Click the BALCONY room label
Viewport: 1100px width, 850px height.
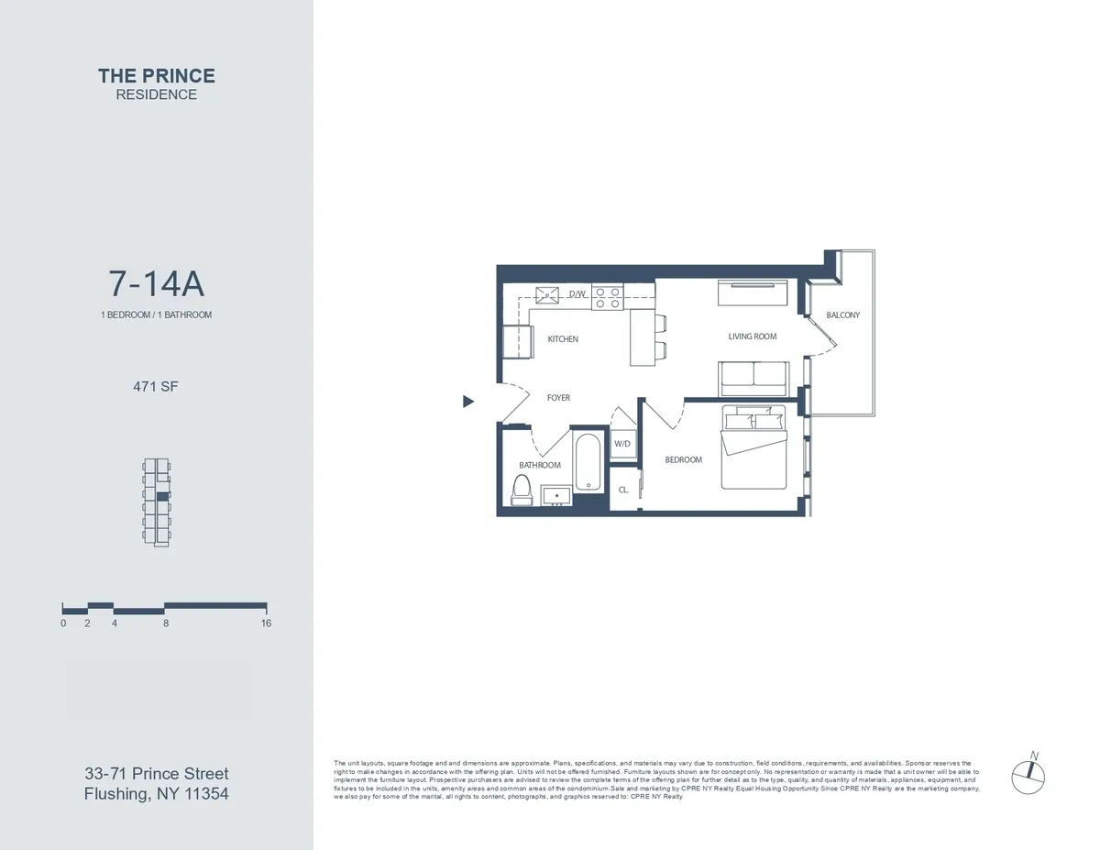[x=842, y=315]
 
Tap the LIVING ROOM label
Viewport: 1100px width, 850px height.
[x=753, y=337]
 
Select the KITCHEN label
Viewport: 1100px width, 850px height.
[x=563, y=339]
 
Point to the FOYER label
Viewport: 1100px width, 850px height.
[x=558, y=398]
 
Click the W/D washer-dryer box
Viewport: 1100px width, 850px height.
[x=622, y=443]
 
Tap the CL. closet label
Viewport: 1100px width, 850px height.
[x=623, y=490]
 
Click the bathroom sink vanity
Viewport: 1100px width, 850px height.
[x=557, y=495]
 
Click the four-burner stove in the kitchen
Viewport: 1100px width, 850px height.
[x=607, y=297]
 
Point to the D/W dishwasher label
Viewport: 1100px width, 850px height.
[x=577, y=294]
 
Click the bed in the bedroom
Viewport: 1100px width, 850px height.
[x=753, y=447]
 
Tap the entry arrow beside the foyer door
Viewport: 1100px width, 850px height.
[x=468, y=401]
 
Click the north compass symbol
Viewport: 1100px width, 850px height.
[x=1028, y=776]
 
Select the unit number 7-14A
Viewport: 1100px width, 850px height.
[x=156, y=284]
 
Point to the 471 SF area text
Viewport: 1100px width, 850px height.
[x=156, y=387]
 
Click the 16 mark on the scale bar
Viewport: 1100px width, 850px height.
[x=266, y=624]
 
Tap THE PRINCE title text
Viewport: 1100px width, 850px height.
[x=156, y=76]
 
